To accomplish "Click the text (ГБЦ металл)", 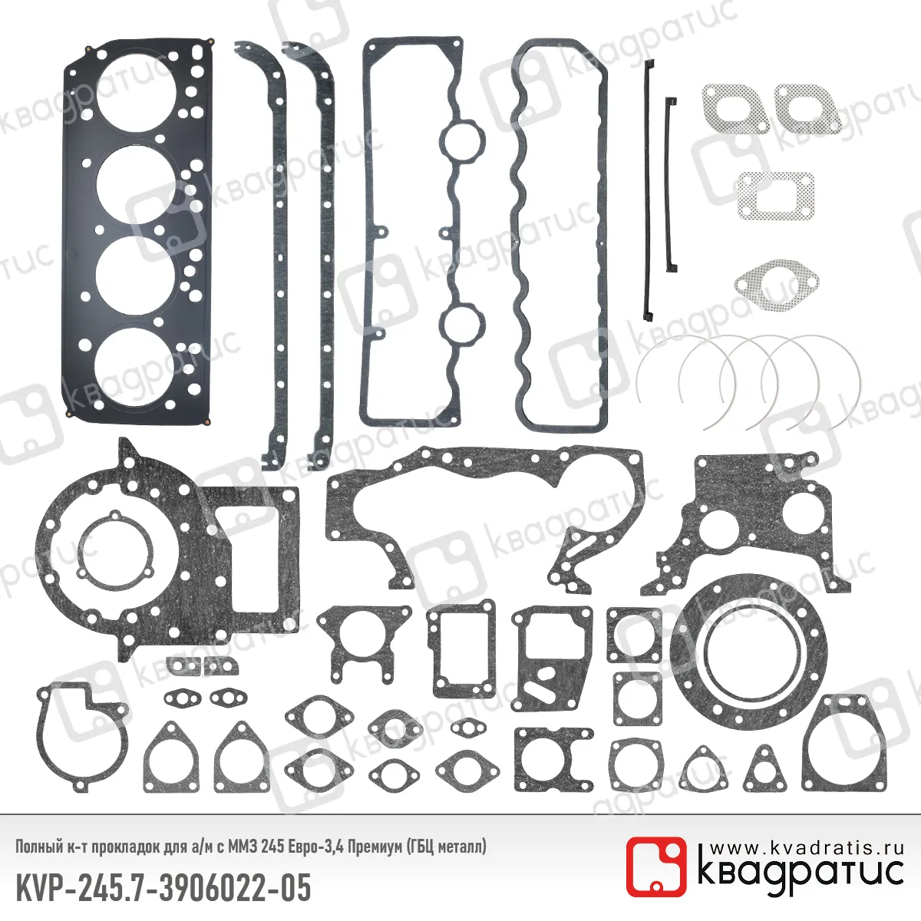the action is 447,847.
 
